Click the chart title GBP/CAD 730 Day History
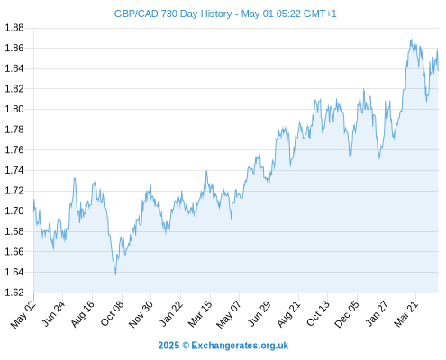coord(173,13)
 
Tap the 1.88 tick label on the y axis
coord(14,28)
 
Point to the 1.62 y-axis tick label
coord(14,292)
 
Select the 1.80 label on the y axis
coord(14,109)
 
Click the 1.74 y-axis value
coord(14,170)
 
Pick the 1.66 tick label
coord(14,251)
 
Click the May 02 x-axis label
coord(23,314)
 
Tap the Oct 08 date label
coord(112,314)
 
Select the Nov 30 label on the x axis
coord(141,314)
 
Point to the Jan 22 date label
coord(170,314)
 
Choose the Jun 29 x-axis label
coord(259,314)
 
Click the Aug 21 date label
coord(288,314)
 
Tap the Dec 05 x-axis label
coord(347,314)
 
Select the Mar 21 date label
coord(406,314)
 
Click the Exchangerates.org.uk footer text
coord(240,346)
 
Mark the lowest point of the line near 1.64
coord(115,274)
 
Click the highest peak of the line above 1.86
coord(411,40)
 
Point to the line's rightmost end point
coord(438,70)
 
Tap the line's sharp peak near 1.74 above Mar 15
coord(206,171)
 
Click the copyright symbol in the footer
coord(186,346)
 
